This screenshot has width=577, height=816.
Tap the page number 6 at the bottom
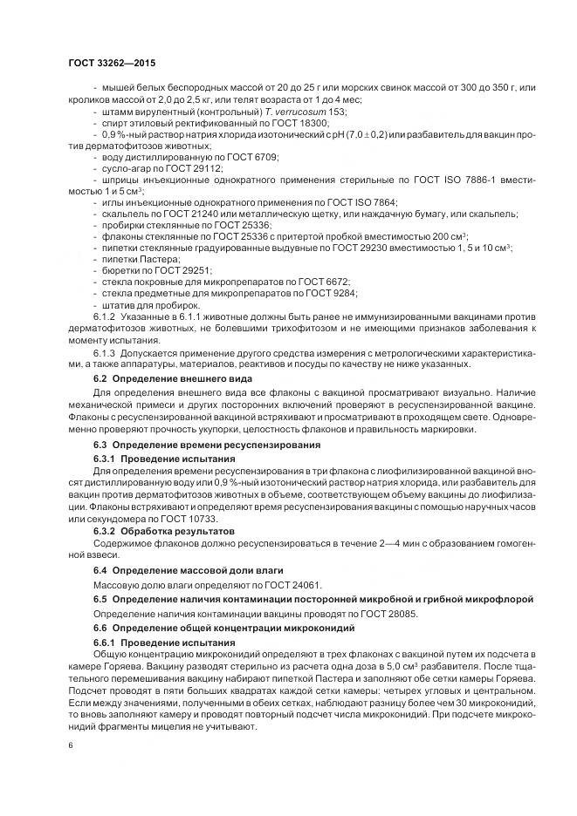pyautogui.click(x=70, y=745)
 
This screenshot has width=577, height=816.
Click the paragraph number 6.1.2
pyautogui.click(x=104, y=316)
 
